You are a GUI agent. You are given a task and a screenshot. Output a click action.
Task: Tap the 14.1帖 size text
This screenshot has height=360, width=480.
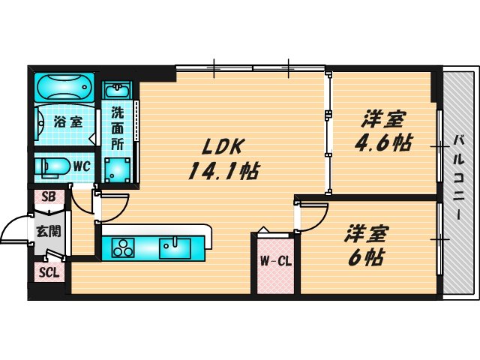tap(223, 171)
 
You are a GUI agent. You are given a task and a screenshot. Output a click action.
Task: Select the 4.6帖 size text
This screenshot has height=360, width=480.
tap(384, 142)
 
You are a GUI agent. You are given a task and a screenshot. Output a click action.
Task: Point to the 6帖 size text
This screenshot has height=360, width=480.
tap(365, 257)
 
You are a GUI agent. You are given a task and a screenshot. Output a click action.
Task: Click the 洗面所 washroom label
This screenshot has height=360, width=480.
tap(118, 127)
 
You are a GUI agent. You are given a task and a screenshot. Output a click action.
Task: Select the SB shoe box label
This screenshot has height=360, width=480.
tap(49, 197)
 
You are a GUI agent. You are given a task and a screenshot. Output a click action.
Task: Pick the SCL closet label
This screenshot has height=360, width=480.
tap(49, 274)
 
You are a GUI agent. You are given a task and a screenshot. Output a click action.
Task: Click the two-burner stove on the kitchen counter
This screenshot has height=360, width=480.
tap(122, 245)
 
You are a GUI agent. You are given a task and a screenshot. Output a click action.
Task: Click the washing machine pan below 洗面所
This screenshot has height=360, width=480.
tap(117, 169)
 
